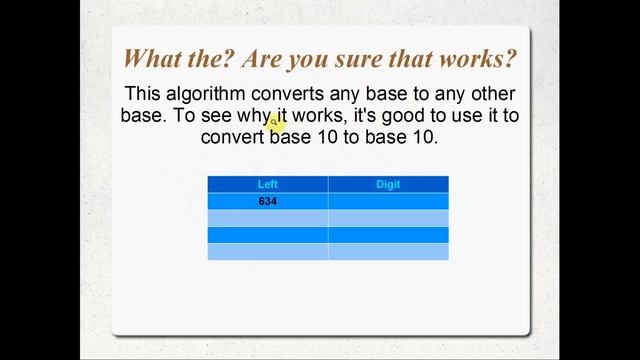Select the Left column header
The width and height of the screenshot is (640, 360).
[267, 184]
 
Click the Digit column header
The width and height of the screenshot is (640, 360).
[388, 184]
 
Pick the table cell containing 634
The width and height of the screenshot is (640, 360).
[267, 201]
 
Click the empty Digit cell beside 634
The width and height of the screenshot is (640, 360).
[388, 201]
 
